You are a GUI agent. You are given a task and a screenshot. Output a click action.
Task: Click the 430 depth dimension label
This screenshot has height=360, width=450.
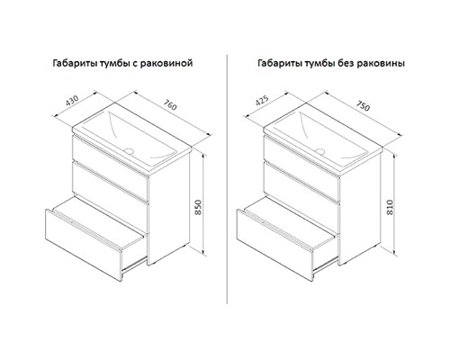click(72, 101)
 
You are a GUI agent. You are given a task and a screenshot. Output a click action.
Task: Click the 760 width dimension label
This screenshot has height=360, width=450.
click(170, 104)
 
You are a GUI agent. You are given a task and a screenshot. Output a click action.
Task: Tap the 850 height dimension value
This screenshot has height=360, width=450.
click(198, 207)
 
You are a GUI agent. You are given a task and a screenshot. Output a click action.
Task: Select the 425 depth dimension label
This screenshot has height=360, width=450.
click(262, 101)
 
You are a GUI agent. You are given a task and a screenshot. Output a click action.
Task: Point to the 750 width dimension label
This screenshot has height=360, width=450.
click(363, 105)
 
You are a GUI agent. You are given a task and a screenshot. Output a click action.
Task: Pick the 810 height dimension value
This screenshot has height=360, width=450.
click(390, 207)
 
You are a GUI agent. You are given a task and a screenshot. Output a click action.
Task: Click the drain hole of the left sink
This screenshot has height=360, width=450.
click(130, 151)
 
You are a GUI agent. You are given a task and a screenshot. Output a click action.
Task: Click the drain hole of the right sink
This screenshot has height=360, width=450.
click(320, 151)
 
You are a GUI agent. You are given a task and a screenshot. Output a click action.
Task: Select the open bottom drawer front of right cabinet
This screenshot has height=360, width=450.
click(274, 245)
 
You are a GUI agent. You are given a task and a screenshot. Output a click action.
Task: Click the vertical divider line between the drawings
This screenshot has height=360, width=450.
click(227, 179)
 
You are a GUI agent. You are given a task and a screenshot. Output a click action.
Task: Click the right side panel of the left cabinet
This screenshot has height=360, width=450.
click(168, 207)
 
